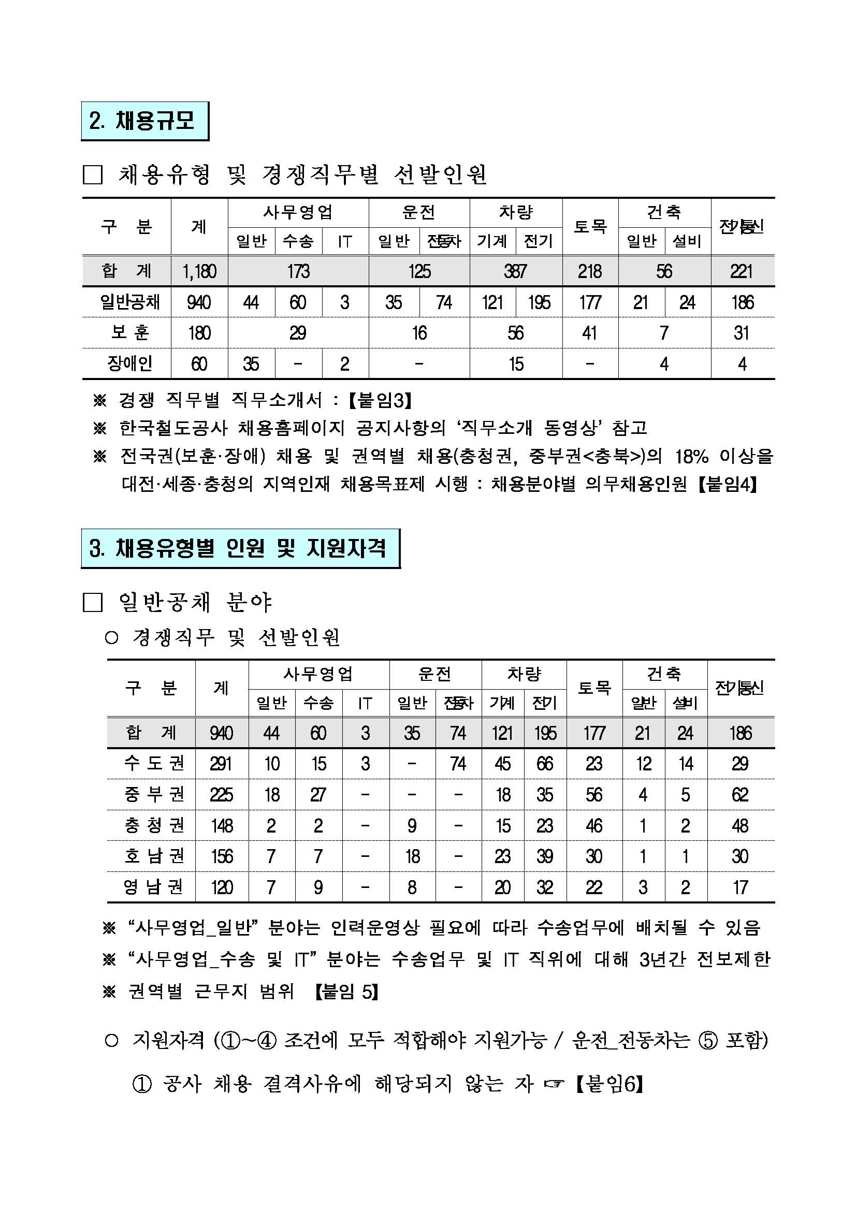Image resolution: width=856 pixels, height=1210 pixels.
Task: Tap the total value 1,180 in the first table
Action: [199, 271]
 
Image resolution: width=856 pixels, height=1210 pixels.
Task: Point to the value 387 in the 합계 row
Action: [515, 271]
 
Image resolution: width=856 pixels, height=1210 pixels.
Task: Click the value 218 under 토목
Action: [589, 271]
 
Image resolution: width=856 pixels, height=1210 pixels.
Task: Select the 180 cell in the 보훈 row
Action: [199, 332]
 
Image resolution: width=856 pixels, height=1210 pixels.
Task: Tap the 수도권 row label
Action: [154, 763]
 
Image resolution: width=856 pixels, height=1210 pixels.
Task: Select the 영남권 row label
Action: [154, 887]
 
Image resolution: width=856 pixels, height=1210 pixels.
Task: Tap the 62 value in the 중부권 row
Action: [739, 795]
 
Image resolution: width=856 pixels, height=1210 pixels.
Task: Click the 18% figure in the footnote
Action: [691, 456]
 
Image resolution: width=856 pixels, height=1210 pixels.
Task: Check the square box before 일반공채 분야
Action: [93, 603]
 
